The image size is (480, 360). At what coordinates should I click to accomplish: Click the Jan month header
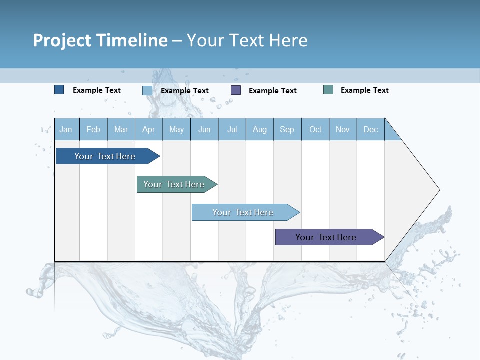click(66, 129)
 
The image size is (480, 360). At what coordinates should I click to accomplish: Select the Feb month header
click(93, 129)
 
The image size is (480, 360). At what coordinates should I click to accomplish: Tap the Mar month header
click(121, 129)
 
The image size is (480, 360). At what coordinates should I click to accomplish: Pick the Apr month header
click(149, 129)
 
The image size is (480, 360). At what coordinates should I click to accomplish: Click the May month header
click(176, 129)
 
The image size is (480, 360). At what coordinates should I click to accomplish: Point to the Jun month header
click(204, 129)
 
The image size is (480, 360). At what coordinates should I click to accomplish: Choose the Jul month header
click(232, 129)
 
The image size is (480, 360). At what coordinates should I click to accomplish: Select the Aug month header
click(260, 129)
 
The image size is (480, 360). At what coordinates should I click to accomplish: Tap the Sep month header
click(287, 129)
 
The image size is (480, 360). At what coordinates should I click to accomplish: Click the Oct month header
click(315, 129)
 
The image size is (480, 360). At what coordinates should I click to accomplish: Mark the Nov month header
click(343, 129)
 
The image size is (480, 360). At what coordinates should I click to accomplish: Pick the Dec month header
click(371, 129)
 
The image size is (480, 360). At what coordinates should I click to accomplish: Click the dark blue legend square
click(59, 90)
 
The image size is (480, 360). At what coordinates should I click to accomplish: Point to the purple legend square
click(236, 90)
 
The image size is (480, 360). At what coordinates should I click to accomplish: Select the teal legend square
click(328, 90)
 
